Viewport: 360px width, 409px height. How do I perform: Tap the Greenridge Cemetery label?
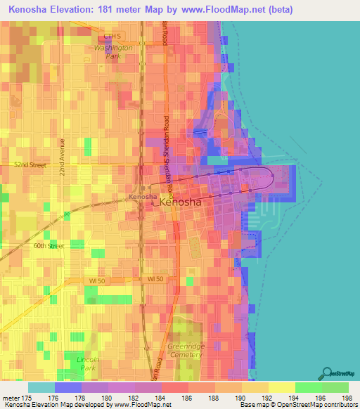pyautogui.click(x=186, y=351)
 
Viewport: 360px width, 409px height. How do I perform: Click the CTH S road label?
pyautogui.click(x=112, y=36)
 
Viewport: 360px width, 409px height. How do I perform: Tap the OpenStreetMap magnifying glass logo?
pyautogui.click(x=328, y=372)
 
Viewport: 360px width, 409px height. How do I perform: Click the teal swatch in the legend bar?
pyautogui.click(x=41, y=387)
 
